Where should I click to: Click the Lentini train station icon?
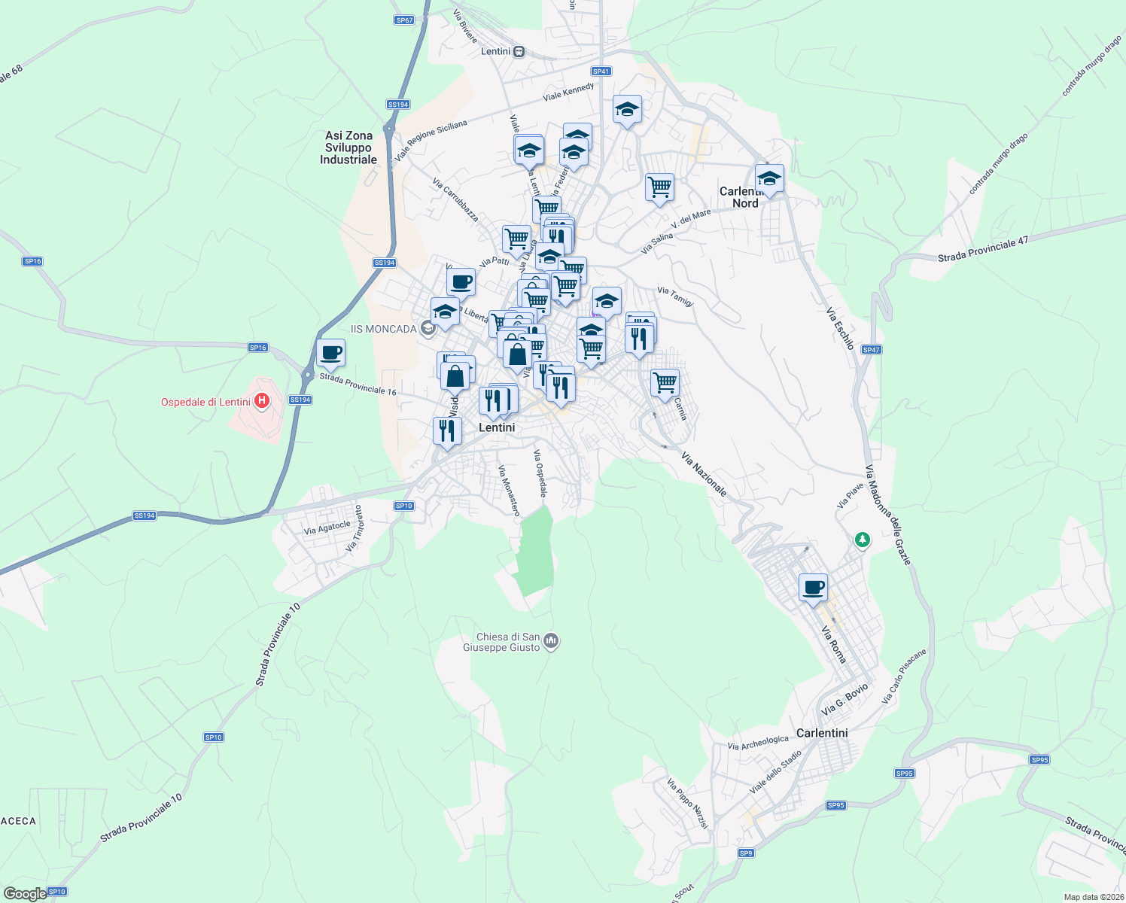(x=519, y=51)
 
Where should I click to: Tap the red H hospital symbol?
(x=262, y=401)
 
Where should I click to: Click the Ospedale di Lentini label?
(x=205, y=402)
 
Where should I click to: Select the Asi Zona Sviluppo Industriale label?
(x=348, y=147)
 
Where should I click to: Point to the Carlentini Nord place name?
(x=744, y=197)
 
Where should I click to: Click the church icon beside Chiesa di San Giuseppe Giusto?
(x=551, y=641)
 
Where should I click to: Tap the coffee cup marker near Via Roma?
(x=813, y=588)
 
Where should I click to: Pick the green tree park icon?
(x=862, y=540)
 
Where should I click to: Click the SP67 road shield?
(x=404, y=20)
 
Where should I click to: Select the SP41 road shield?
(x=601, y=71)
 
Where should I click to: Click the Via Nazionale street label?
(x=705, y=474)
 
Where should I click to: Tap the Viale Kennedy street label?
(x=568, y=93)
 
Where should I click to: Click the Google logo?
(x=25, y=894)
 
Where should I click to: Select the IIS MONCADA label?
(x=384, y=329)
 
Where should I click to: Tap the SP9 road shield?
(x=745, y=853)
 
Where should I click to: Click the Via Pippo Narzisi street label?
(x=688, y=804)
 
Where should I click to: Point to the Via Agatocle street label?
(x=327, y=528)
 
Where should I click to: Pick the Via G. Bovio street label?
(x=844, y=700)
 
